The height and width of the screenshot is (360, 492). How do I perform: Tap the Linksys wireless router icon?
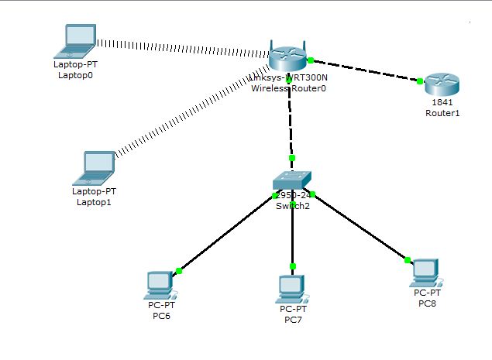(289, 57)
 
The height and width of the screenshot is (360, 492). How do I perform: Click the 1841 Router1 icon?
(442, 83)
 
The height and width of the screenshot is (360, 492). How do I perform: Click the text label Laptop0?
(75, 77)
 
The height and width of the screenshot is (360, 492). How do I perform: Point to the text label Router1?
(442, 113)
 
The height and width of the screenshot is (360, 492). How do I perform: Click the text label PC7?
(292, 320)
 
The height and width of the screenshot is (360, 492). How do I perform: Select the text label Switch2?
(292, 206)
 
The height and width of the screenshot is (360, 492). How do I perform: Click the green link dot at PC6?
(179, 270)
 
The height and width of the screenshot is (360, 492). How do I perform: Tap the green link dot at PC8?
(405, 260)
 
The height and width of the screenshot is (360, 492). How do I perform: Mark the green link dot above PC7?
(292, 266)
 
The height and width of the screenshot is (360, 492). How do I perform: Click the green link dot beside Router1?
(419, 81)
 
